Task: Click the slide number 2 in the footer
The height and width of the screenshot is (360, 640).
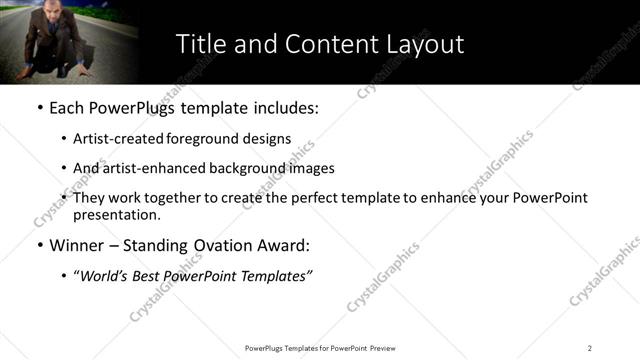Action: (x=590, y=348)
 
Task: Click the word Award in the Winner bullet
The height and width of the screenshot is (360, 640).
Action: (x=282, y=245)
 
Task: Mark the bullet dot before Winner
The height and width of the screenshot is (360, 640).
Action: (x=39, y=245)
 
